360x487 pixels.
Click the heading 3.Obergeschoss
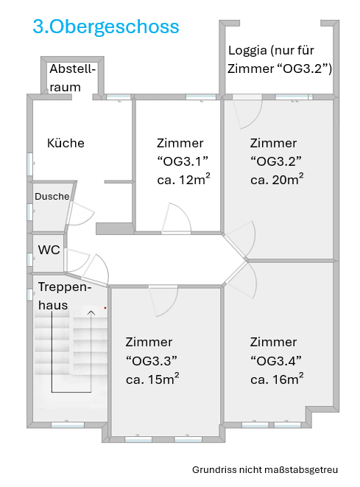point(105,27)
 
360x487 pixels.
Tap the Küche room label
point(66,143)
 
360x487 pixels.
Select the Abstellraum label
point(72,77)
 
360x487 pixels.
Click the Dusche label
point(52,197)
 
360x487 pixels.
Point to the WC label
point(49,250)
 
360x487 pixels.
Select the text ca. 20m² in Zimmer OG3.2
point(277,181)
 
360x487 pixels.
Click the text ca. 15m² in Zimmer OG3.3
point(152,379)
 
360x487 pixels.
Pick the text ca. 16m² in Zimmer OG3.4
point(277,379)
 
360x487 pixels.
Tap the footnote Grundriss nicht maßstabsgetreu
point(265,469)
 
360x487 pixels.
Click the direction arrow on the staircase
point(91,312)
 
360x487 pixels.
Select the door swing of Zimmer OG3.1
point(177,219)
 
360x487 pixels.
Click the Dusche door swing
point(80,214)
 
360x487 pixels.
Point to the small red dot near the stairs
point(105,307)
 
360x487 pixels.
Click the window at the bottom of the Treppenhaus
point(67,424)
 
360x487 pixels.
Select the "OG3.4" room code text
point(277,361)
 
